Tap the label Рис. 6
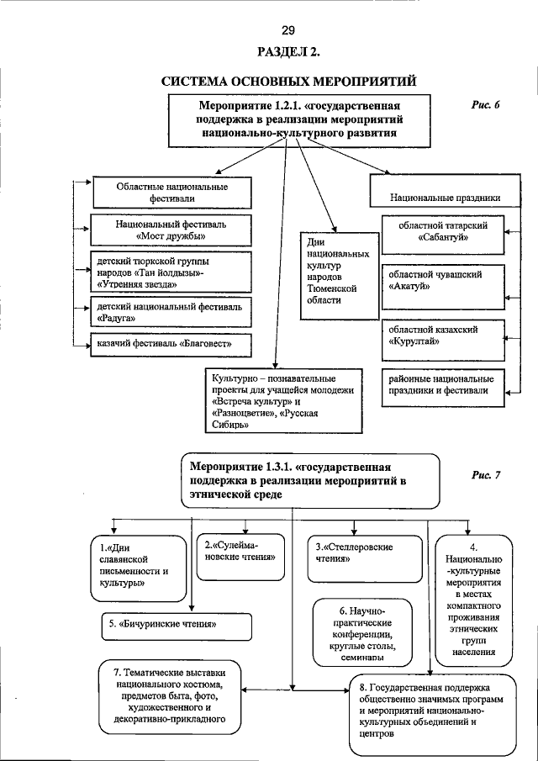point(485,105)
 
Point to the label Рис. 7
point(486,474)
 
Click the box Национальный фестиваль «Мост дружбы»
point(171,231)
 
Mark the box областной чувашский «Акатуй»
point(445,280)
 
